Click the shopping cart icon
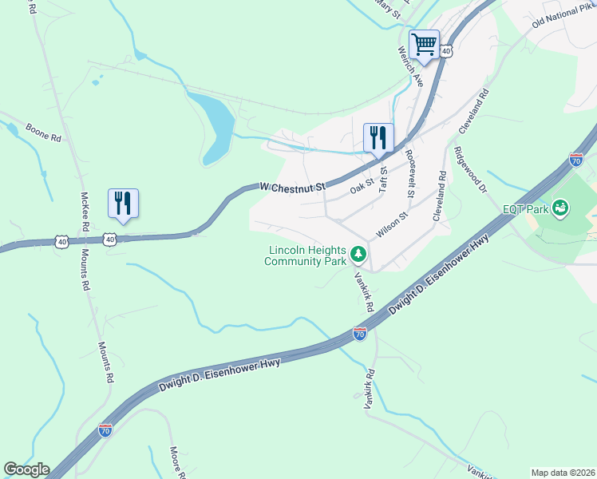(x=424, y=43)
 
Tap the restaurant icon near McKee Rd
(x=123, y=203)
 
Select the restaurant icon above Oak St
(x=378, y=137)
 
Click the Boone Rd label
(x=44, y=133)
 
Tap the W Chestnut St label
(x=294, y=187)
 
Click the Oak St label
(x=362, y=185)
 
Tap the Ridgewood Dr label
(x=471, y=169)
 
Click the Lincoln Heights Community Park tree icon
(x=359, y=255)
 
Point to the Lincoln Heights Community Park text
(x=306, y=255)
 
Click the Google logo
(x=26, y=469)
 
